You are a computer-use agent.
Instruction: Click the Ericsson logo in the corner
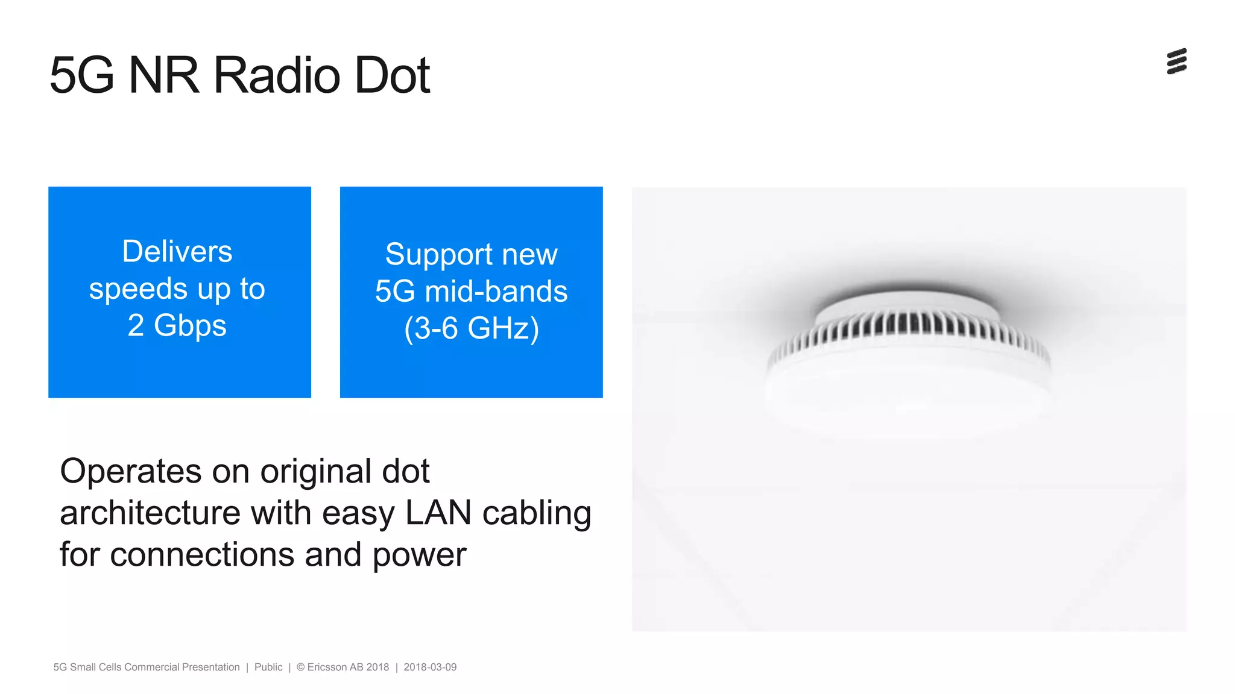(1177, 61)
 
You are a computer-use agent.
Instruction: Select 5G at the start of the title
(82, 75)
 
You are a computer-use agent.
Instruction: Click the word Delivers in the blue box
(177, 251)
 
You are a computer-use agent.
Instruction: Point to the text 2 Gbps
(177, 325)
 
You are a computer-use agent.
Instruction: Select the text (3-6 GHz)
(472, 328)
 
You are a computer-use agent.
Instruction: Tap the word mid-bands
(496, 292)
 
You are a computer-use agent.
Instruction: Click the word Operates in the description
(131, 471)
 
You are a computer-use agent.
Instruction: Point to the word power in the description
(420, 555)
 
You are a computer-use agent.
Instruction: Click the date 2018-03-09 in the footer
(430, 667)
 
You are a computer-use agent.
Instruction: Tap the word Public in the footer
(268, 667)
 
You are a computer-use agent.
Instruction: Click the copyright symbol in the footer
(300, 667)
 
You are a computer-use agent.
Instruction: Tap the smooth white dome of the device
(908, 392)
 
